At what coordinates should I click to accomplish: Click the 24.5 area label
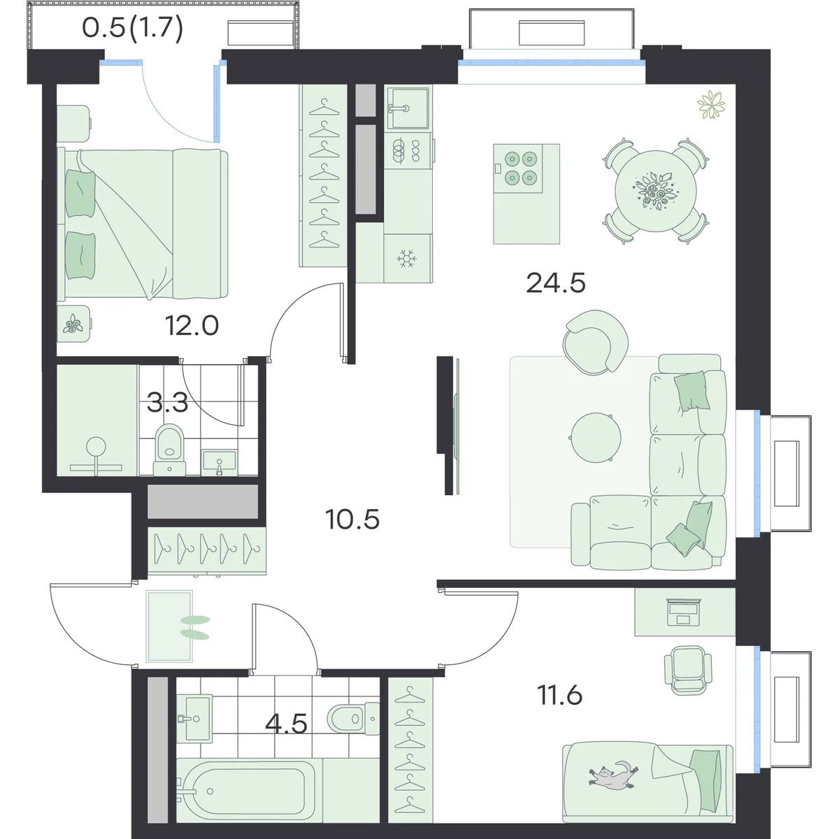coord(556,283)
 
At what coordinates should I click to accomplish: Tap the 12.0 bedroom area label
coord(192,325)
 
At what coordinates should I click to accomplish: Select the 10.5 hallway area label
coord(352,519)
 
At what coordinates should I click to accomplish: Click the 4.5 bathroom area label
coord(286,723)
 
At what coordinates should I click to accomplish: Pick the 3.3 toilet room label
coord(168,402)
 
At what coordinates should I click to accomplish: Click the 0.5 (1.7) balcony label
coord(132,29)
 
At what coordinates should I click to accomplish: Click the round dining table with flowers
coord(655,191)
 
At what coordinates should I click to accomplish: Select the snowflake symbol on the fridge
coord(407,259)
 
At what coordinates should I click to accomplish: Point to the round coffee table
coord(596,437)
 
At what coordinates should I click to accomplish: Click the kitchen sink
coord(408,108)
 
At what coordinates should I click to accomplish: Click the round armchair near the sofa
coord(595,342)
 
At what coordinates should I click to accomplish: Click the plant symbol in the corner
coord(711,104)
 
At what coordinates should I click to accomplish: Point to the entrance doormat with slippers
coord(169,626)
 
